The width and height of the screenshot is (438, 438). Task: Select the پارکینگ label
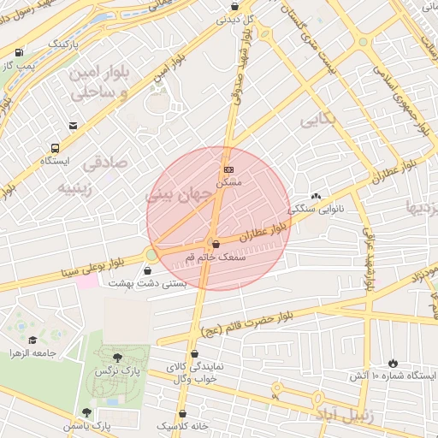pos(62,42)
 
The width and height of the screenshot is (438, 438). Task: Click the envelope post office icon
pos(74,126)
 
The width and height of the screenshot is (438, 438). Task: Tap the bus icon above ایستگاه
pos(55,147)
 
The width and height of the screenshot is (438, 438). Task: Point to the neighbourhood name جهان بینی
pos(182,195)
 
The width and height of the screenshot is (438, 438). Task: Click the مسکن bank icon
pos(228,169)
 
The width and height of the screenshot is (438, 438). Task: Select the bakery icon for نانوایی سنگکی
pos(316,196)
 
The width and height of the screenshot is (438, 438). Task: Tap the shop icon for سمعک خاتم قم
pos(215,243)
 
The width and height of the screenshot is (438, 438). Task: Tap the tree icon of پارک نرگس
pos(117,358)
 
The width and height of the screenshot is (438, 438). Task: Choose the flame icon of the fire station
pos(393,363)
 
